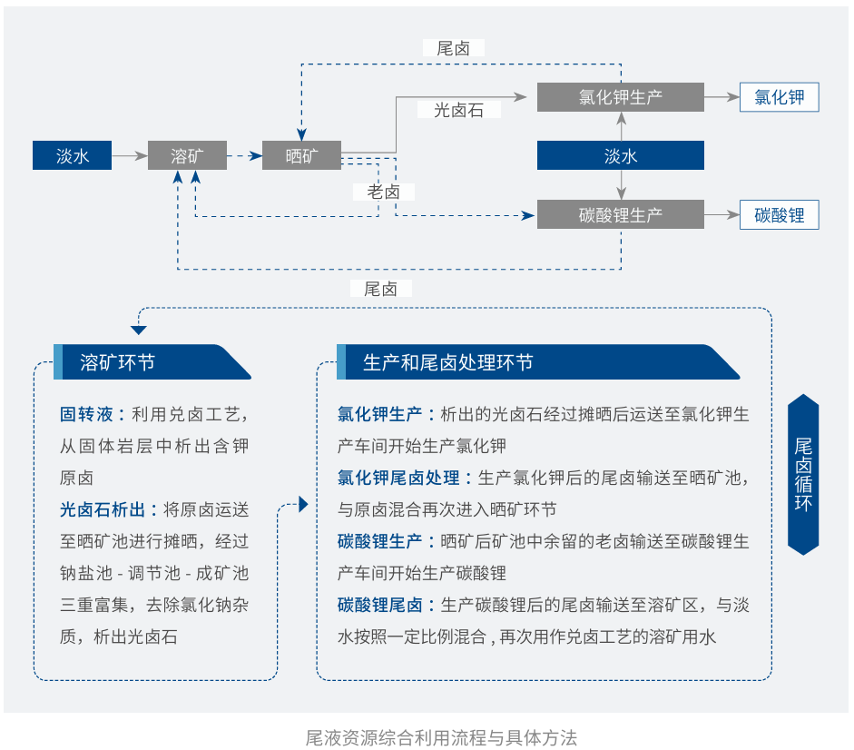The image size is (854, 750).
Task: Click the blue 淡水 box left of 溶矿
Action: point(73,155)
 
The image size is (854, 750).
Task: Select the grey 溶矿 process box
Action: point(187,155)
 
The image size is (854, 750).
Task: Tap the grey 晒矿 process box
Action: point(301,155)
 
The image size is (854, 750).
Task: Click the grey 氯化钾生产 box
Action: point(620,97)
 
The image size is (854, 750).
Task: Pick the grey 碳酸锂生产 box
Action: point(620,214)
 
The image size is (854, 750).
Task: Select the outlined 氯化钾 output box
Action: point(779,97)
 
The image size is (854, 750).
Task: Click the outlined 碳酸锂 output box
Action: point(779,214)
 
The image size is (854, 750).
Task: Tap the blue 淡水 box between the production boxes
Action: point(620,155)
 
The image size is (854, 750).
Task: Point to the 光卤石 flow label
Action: point(458,110)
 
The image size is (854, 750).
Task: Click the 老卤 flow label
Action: point(383,192)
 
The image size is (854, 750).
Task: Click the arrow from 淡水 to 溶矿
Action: point(130,155)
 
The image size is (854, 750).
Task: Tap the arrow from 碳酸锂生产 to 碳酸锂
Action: point(721,214)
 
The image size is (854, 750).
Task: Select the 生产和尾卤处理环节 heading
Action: point(447,362)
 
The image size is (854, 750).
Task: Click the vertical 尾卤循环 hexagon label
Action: point(803,474)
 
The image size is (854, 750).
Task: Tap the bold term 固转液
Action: point(87,415)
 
